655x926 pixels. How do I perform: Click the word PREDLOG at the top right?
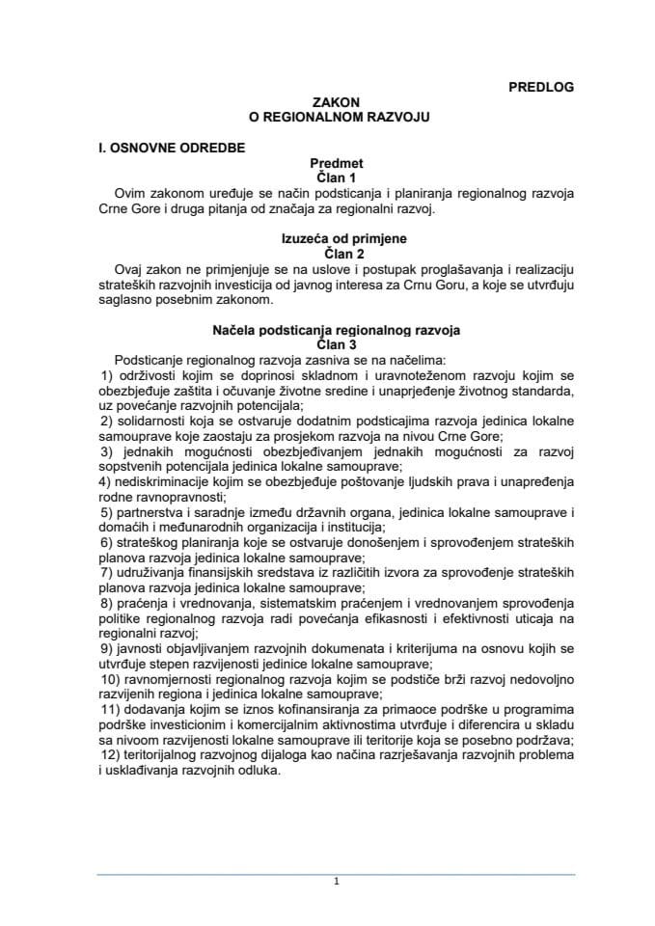[x=540, y=87]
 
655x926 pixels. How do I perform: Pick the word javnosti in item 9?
[x=137, y=650]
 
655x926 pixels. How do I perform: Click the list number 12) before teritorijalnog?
[x=111, y=757]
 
